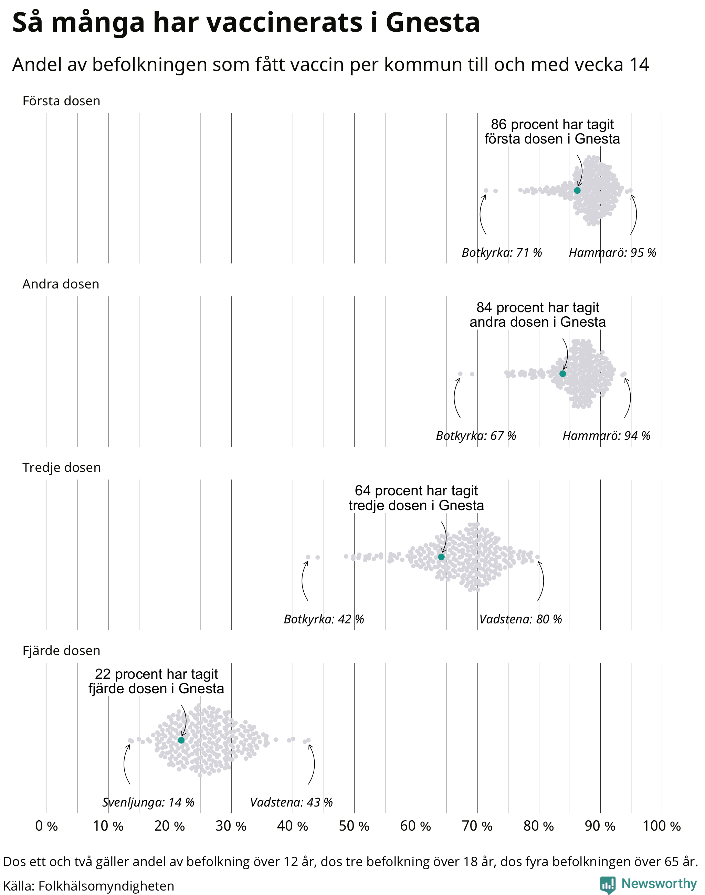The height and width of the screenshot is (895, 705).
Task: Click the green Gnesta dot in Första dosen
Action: coord(577,190)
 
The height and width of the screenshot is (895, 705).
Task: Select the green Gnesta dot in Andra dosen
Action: coord(562,373)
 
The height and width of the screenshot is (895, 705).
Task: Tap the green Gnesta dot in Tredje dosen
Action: coord(441,557)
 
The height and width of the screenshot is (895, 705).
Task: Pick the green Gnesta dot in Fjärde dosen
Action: coord(181,740)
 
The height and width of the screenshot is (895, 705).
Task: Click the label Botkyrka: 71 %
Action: coord(502,253)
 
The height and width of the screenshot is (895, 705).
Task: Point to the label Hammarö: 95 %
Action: coord(612,253)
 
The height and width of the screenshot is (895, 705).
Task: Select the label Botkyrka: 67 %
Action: coord(476,436)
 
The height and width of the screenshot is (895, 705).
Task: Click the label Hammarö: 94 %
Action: coord(606,436)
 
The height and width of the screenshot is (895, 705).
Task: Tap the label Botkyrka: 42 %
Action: coord(324,619)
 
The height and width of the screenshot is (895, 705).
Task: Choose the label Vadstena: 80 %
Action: coord(520,619)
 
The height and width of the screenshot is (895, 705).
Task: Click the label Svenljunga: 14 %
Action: coord(148,802)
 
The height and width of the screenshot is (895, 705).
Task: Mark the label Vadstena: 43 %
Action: coord(292,802)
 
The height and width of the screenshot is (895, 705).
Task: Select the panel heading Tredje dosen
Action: coord(62,467)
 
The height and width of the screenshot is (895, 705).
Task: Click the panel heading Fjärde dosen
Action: coord(62,651)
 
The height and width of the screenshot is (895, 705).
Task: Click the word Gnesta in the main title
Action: coord(433,22)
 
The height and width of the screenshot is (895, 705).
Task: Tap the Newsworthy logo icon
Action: coord(608,885)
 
